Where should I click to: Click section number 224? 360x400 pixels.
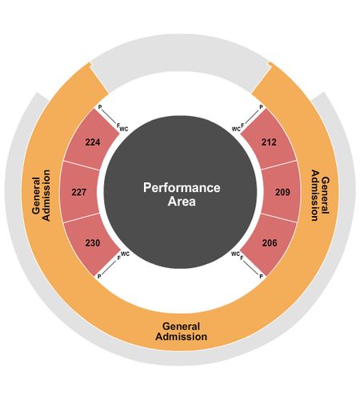tap(93, 142)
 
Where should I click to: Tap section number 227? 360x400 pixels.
tap(79, 192)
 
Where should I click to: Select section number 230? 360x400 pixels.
tap(93, 242)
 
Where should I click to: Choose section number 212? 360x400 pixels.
tap(269, 142)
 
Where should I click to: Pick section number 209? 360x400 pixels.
tap(282, 192)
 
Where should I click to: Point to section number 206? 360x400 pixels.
tap(270, 242)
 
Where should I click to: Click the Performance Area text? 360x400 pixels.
tap(182, 194)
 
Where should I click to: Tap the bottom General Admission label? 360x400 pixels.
tap(182, 331)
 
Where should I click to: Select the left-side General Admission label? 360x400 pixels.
tap(41, 195)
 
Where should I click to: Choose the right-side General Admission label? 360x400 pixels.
tap(321, 195)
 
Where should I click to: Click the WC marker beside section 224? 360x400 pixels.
tap(124, 130)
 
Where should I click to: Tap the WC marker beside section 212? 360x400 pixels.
tap(236, 130)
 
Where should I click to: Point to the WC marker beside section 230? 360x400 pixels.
tap(125, 254)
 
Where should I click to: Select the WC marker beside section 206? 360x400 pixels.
tap(235, 254)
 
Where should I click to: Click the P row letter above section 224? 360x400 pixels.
tap(100, 107)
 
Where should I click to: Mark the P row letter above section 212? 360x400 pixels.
tap(261, 107)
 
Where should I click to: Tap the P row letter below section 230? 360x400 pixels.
tap(99, 277)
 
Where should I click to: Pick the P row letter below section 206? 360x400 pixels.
tap(261, 277)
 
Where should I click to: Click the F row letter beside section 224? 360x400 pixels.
tap(118, 125)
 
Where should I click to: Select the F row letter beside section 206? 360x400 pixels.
tap(242, 258)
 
